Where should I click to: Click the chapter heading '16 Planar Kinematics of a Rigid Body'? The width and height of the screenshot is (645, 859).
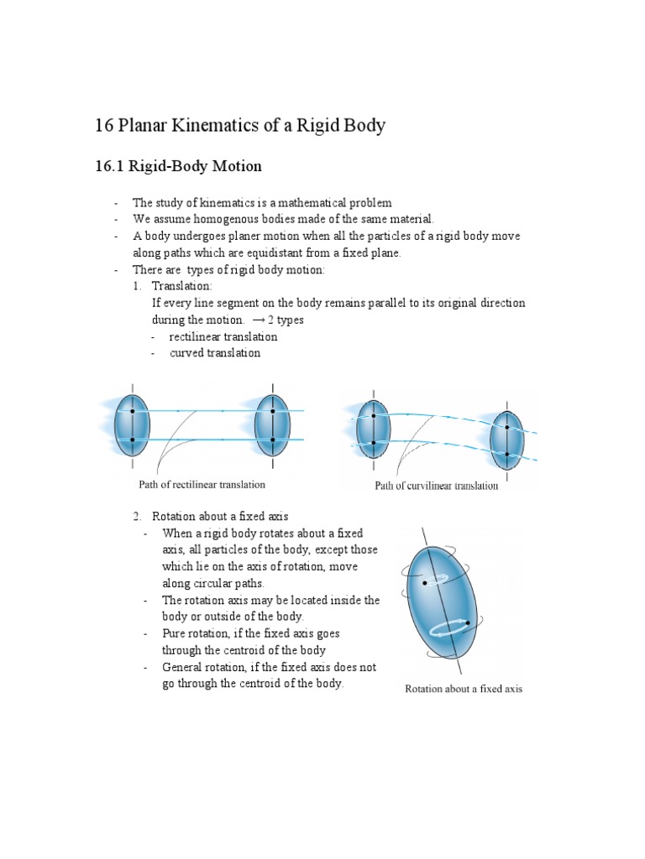(241, 126)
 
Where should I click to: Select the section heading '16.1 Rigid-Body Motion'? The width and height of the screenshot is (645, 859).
(180, 167)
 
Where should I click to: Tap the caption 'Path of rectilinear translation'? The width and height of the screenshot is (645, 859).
(202, 485)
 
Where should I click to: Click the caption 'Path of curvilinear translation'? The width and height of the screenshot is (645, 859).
(436, 486)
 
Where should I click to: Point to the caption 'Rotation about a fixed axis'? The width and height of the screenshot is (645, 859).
(464, 689)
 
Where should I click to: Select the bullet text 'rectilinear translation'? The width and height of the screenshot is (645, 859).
(223, 336)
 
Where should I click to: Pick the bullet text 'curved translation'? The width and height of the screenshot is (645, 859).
(215, 353)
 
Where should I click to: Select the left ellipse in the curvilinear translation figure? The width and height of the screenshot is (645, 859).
(373, 429)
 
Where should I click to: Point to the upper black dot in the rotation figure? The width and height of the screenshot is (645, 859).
(426, 582)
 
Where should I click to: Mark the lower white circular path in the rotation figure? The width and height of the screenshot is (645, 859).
(452, 628)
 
